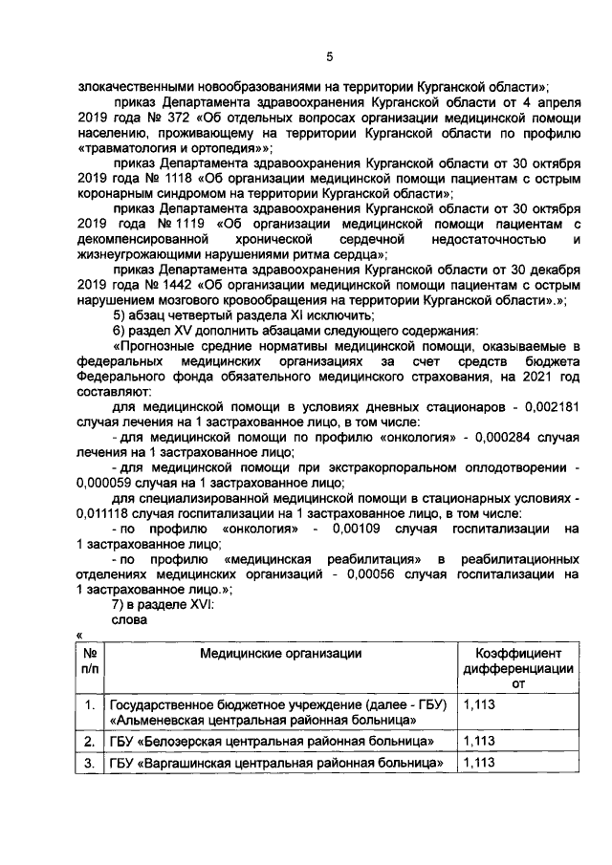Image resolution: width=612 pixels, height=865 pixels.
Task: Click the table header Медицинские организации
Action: pyautogui.click(x=280, y=653)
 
